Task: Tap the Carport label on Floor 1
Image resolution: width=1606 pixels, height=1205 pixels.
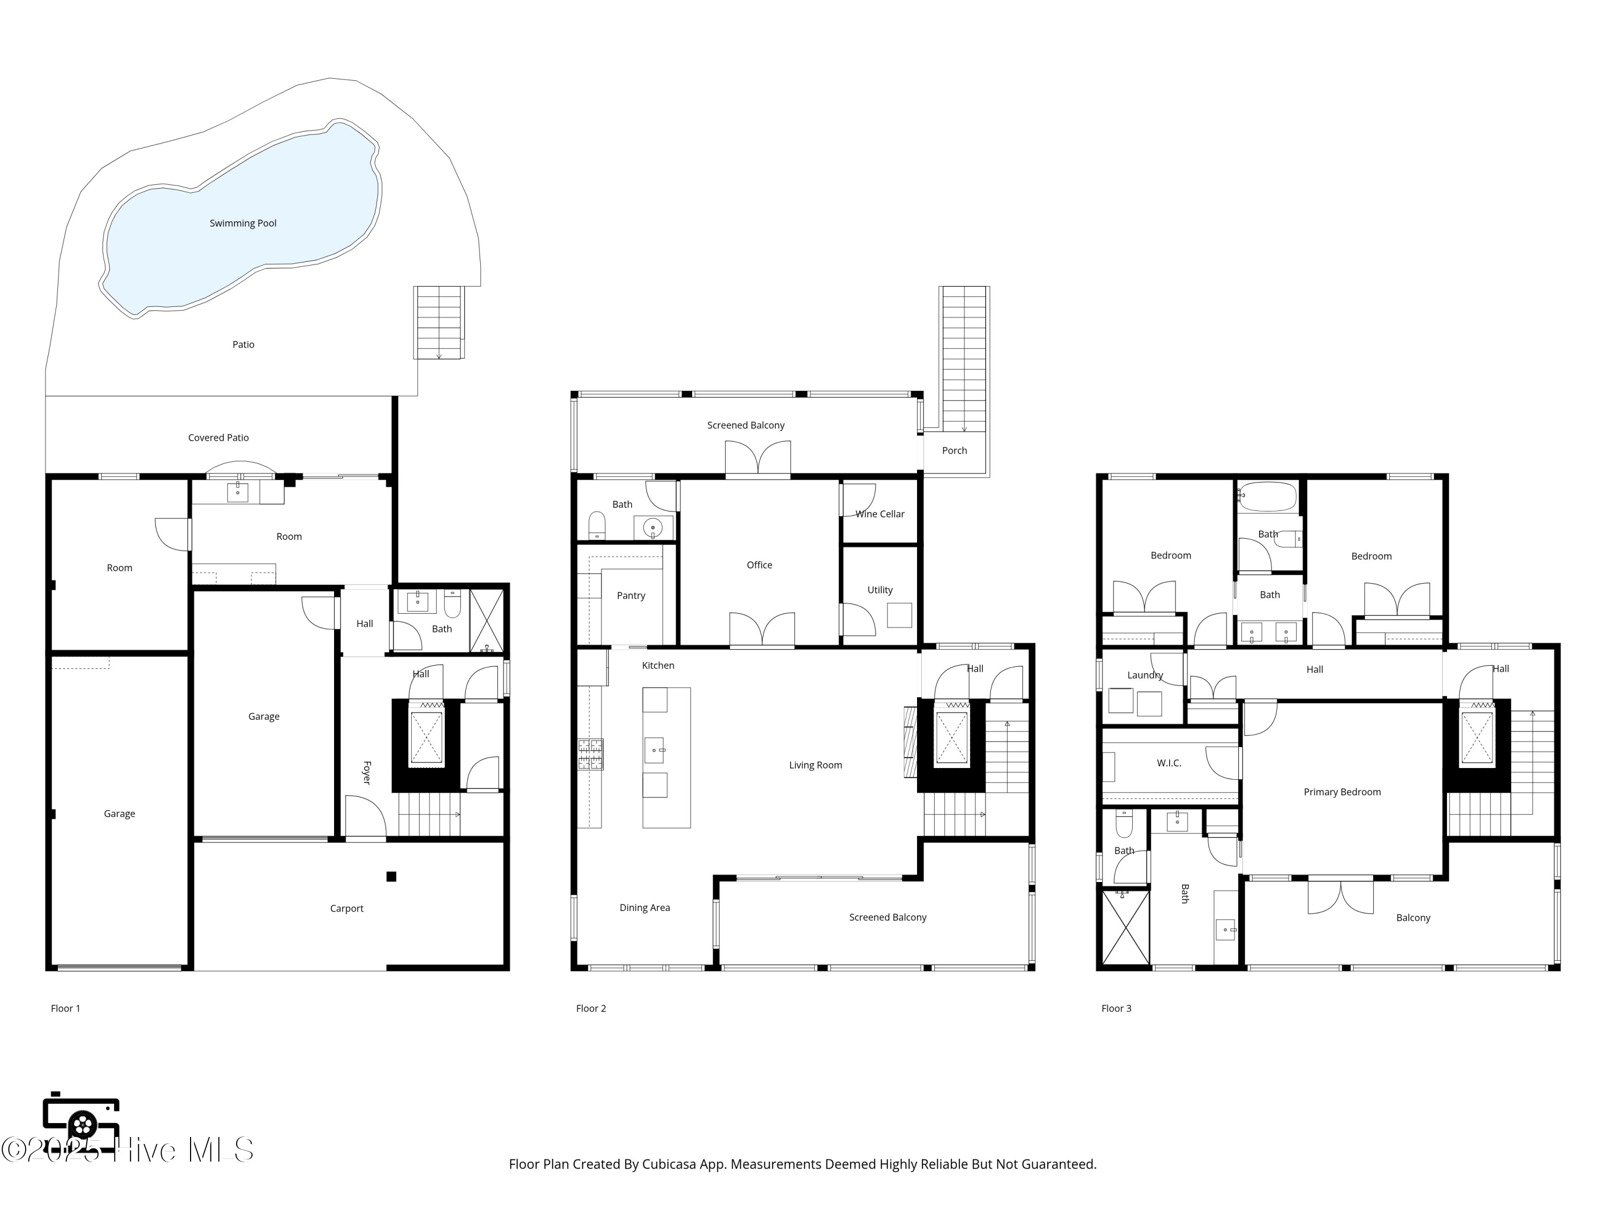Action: click(346, 909)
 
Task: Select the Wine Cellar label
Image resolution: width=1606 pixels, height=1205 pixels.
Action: click(880, 514)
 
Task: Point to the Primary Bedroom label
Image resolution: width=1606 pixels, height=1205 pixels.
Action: click(1342, 793)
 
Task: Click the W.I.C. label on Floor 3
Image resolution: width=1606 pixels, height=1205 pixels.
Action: click(1169, 763)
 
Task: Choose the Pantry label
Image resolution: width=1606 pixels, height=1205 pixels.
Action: click(631, 596)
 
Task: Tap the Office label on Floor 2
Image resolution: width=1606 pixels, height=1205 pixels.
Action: click(760, 565)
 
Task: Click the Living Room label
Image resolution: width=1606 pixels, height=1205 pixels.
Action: click(815, 765)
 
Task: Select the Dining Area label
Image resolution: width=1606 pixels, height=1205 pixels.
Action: click(645, 908)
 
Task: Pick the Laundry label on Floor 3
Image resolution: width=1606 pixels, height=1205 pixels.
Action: click(1145, 675)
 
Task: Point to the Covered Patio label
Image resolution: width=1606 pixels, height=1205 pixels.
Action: click(218, 438)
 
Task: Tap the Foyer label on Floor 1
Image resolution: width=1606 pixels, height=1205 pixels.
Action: click(367, 773)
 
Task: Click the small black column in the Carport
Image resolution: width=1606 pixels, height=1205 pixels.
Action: click(391, 877)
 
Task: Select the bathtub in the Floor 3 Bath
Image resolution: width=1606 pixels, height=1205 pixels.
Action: click(1267, 497)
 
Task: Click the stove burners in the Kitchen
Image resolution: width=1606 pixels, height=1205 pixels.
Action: click(590, 754)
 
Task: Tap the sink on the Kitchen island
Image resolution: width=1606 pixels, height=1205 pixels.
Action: click(654, 750)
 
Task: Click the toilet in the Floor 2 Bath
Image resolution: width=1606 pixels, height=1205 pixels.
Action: click(597, 526)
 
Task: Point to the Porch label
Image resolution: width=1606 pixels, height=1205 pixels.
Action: click(954, 451)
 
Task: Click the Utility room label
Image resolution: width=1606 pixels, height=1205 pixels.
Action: click(880, 591)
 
